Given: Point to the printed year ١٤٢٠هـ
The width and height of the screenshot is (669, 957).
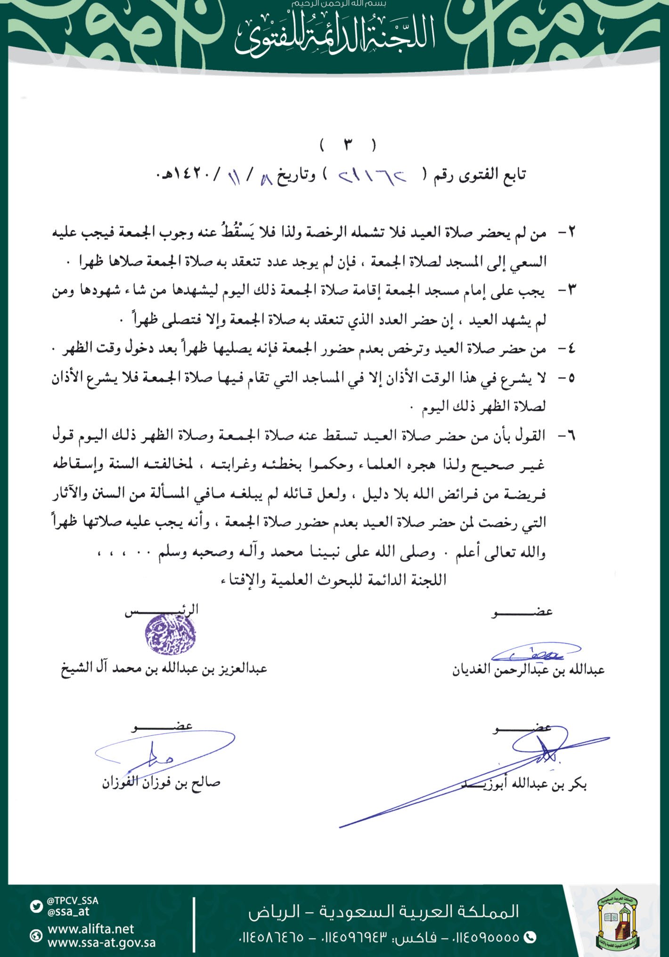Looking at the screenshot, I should coord(181,175).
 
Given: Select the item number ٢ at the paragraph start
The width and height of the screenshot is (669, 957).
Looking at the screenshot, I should coord(571,232).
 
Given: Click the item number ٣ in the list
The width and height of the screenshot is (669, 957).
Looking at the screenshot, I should coord(571,291).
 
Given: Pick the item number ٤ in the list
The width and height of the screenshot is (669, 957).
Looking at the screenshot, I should coord(571,349).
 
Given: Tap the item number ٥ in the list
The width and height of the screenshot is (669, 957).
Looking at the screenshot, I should coord(571,378).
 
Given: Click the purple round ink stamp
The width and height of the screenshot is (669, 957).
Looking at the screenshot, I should coord(170,634).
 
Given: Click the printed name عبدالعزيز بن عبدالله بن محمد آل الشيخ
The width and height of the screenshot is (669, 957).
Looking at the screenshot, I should coord(164,669).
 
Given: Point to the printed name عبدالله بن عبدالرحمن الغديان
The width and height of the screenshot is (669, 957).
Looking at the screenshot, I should coord(528,670).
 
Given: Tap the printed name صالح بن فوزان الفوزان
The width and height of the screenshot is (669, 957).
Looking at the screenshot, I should coord(161,783).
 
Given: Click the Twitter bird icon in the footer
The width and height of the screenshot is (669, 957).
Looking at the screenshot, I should coord(36,906).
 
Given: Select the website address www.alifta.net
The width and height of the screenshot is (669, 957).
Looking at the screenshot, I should coord(91,929).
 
